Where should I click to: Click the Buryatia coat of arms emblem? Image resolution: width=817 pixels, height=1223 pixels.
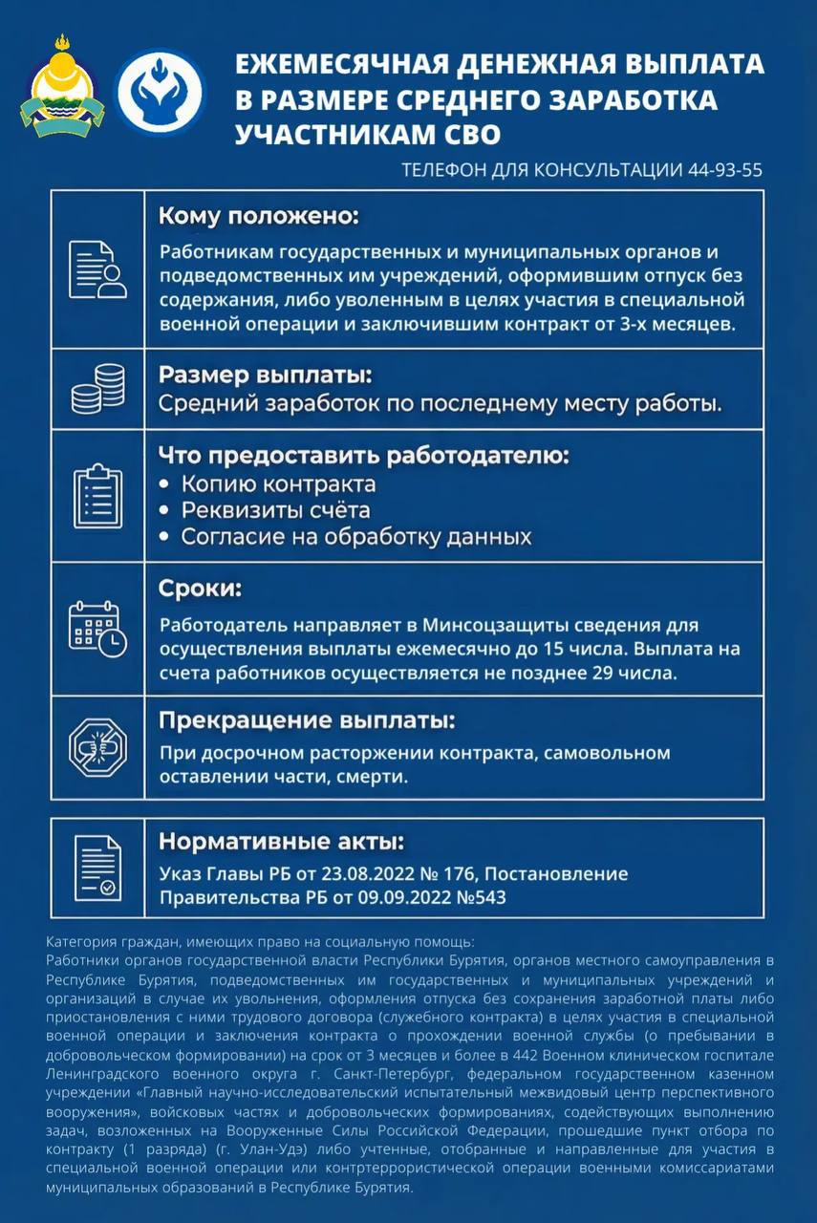click(x=62, y=85)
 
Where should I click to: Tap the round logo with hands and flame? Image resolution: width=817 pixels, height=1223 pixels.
click(x=160, y=92)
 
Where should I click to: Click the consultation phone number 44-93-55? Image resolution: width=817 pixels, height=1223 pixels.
click(x=724, y=170)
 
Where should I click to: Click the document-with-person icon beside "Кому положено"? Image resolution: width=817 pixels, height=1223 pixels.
click(x=97, y=269)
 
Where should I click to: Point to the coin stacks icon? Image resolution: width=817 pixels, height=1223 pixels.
click(x=97, y=388)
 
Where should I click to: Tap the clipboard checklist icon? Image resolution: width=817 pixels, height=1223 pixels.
click(x=97, y=495)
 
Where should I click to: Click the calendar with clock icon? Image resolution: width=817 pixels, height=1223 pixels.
click(x=97, y=629)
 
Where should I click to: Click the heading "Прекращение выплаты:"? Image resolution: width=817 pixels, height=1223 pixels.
click(x=306, y=719)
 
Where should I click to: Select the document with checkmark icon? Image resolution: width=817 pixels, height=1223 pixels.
click(x=97, y=868)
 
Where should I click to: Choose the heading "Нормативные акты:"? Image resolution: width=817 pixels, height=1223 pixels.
click(x=281, y=842)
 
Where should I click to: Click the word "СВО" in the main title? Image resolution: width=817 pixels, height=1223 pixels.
click(x=460, y=132)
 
